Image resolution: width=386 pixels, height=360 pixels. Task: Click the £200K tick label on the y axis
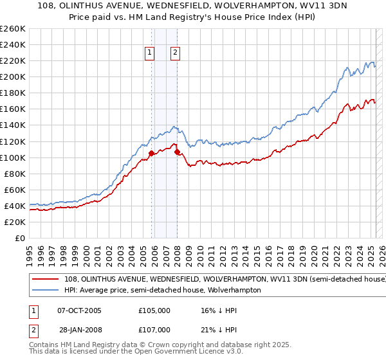pyautogui.click(x=13, y=76)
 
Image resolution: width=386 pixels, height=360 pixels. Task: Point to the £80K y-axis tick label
pyautogui.click(x=15, y=174)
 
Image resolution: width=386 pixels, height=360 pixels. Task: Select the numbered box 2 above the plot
pyautogui.click(x=175, y=53)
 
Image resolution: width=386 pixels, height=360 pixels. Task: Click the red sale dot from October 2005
pyautogui.click(x=152, y=153)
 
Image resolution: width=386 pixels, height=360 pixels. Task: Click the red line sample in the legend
pyautogui.click(x=44, y=280)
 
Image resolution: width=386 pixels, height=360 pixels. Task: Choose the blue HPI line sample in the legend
pyautogui.click(x=44, y=291)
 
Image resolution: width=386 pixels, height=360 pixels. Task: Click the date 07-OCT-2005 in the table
pyautogui.click(x=79, y=310)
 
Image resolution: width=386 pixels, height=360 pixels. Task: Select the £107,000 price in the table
pyautogui.click(x=154, y=329)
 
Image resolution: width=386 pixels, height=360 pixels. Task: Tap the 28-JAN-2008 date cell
pyautogui.click(x=79, y=329)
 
